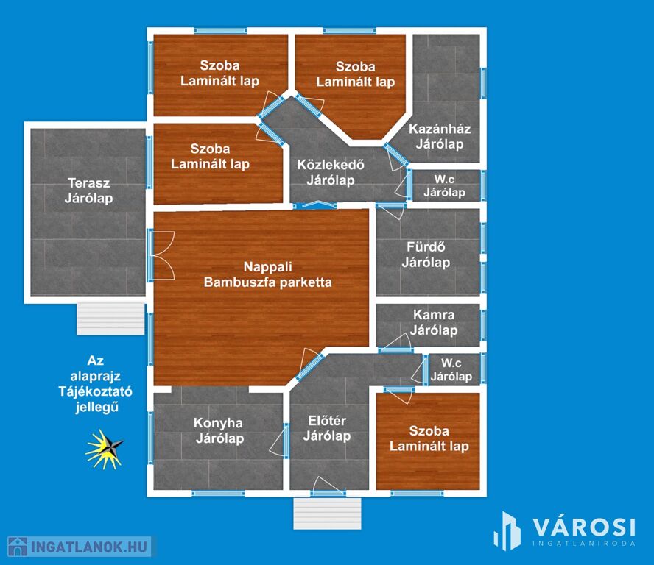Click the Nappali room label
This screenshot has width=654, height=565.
pos(267,266)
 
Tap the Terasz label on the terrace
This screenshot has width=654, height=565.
pos(89,183)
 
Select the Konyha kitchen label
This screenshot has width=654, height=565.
pos(218,423)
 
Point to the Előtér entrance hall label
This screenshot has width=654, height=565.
pos(326,421)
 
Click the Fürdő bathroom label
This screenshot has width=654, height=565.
pos(426,247)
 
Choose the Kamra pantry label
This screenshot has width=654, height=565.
pos(434,315)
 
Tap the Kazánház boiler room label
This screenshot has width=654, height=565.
pos(440,129)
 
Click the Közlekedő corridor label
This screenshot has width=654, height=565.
pos(331,165)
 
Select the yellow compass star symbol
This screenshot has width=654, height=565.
pos(105,449)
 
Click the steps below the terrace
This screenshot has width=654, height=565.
pos(110,319)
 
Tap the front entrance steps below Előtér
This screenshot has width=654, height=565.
pos(327,514)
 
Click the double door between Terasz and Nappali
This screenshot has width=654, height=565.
pos(162,255)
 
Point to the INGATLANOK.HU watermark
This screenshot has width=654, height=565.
pos(80,547)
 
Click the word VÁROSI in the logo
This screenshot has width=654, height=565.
pos(584,527)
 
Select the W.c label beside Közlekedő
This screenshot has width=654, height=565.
pos(444,180)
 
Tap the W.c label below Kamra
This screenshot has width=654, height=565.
pos(451,363)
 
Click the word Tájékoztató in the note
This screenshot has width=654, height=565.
pos(95,391)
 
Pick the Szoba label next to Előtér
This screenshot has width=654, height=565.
pos(429,431)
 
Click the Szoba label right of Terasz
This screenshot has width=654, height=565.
pos(210,149)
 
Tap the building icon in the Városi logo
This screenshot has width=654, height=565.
pos(507,531)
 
